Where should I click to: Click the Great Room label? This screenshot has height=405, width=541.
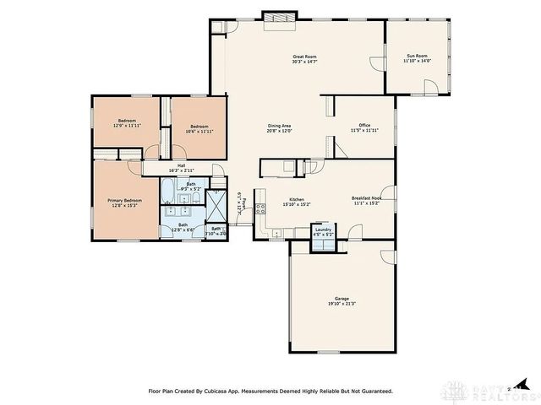coord(303,56)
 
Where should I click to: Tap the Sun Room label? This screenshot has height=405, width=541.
coord(418,56)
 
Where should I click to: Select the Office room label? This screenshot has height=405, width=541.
coord(364,125)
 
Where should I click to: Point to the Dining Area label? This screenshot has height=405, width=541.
coord(279,125)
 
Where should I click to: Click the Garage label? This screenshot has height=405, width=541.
coord(341,299)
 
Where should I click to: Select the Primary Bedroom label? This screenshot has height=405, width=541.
coord(124,200)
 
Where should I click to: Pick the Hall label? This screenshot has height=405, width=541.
coord(181,165)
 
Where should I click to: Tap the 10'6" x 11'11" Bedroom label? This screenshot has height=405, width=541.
coord(199,127)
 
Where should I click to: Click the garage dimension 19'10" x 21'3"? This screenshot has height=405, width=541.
coord(341,304)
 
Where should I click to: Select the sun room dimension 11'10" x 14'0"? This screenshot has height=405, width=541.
coord(418,61)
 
